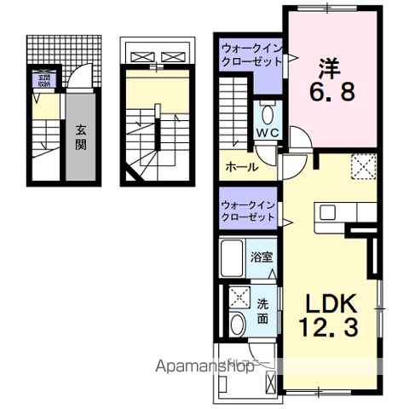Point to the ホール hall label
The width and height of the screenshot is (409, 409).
coord(241,168)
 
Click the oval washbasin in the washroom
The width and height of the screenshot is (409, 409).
coord(237,324)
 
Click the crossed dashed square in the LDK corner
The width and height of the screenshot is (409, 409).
coord(365,167)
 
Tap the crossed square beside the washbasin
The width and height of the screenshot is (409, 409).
coord(238,297)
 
